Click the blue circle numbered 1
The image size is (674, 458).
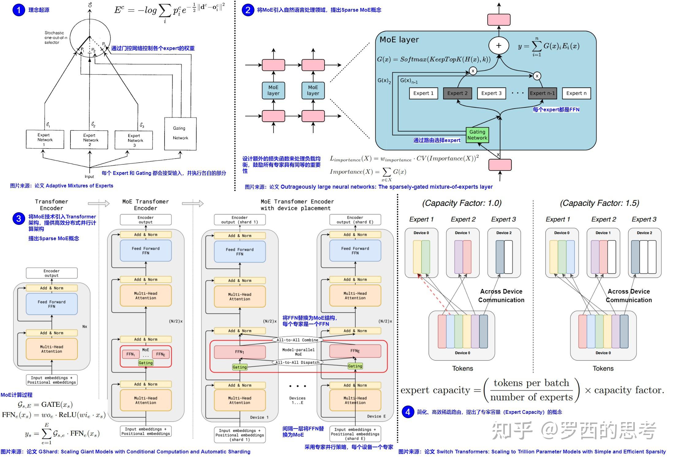pyautogui.click(x=19, y=10)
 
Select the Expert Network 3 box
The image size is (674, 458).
pyautogui.click(x=134, y=140)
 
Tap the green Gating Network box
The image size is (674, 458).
pyautogui.click(x=477, y=135)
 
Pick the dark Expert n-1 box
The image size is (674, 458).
pyautogui.click(x=542, y=93)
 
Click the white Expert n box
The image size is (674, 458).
pyautogui.click(x=576, y=93)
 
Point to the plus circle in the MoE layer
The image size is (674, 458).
pyautogui.click(x=499, y=45)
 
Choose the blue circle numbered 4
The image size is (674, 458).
pyautogui.click(x=408, y=412)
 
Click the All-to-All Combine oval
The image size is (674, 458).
pyautogui.click(x=297, y=340)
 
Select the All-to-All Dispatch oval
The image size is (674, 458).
pyautogui.click(x=297, y=362)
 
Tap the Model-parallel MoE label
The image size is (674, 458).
pyautogui.click(x=298, y=352)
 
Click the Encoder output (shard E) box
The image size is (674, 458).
pyautogui.click(x=355, y=220)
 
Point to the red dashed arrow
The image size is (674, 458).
pyautogui.click(x=434, y=294)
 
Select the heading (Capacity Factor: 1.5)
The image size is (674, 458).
pyautogui.click(x=599, y=203)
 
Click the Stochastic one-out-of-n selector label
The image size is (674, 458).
pyautogui.click(x=55, y=37)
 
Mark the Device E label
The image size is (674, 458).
pyautogui.click(x=376, y=416)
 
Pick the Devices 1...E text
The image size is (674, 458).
pyautogui.click(x=297, y=400)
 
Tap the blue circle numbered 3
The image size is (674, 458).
pyautogui.click(x=19, y=218)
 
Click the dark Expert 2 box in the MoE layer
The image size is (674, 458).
pyautogui.click(x=457, y=93)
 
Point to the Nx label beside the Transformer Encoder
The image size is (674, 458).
pyautogui.click(x=85, y=326)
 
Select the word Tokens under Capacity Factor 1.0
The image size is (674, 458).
pyautogui.click(x=462, y=368)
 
